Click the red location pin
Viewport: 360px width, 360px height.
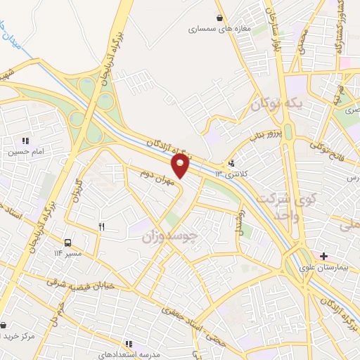(x=181, y=166)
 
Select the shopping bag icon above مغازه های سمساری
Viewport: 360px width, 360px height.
(x=221, y=18)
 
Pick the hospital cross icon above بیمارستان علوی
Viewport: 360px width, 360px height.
(x=323, y=255)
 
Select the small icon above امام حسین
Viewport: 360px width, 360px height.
(x=26, y=141)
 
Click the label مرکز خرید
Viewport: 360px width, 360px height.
(x=18, y=336)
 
